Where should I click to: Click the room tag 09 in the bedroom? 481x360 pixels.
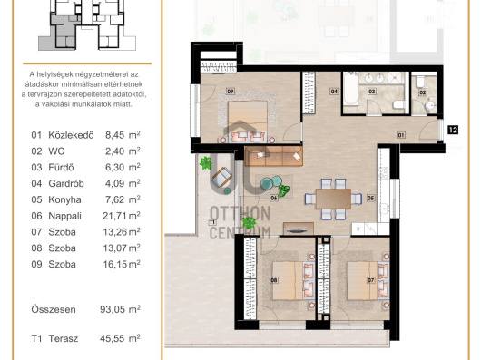[231, 91]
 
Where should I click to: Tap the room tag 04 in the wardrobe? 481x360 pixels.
[334, 91]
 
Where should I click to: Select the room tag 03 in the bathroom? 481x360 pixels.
[372, 91]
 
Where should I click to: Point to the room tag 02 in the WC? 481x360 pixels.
[423, 92]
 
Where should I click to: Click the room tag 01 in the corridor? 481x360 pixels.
[400, 135]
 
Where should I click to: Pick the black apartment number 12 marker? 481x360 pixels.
[453, 130]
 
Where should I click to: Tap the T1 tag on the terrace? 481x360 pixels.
[212, 222]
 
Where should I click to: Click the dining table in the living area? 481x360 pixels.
[333, 199]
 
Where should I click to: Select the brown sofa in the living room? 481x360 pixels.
[274, 156]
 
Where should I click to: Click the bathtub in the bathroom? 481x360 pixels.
[350, 89]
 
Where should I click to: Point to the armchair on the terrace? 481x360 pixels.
[221, 177]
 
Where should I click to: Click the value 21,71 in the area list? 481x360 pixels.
[114, 216]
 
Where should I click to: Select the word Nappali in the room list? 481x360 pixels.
[64, 216]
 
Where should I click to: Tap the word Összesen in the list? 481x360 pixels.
[54, 309]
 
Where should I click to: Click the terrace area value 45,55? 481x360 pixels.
[112, 338]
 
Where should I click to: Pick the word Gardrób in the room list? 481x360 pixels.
[66, 183]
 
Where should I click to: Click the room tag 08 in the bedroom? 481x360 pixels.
[274, 279]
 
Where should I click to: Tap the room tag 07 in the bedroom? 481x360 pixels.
[371, 279]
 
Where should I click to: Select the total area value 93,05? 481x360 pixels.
[113, 309]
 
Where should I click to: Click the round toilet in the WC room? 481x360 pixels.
[430, 106]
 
